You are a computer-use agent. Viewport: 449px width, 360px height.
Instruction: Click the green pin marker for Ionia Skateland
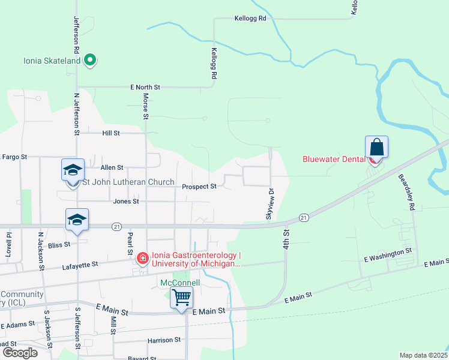click(x=90, y=60)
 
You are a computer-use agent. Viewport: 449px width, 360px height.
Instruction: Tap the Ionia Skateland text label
click(x=52, y=61)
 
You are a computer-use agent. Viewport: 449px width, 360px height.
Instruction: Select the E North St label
click(x=145, y=87)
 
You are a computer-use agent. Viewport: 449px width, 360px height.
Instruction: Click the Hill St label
click(x=111, y=133)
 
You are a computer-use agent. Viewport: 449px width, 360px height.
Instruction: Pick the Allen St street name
click(x=112, y=167)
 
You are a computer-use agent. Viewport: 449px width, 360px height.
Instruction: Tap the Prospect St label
click(x=199, y=187)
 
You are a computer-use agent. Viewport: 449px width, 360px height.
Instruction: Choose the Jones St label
click(x=126, y=201)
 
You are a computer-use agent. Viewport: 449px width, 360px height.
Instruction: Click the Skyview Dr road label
click(x=270, y=203)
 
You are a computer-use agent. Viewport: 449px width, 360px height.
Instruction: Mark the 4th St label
click(x=286, y=239)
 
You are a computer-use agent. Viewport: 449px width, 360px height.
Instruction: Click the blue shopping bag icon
click(x=376, y=147)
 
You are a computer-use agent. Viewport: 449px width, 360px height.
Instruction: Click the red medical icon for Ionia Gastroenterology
click(x=142, y=259)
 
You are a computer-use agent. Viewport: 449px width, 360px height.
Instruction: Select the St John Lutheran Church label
click(x=128, y=182)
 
